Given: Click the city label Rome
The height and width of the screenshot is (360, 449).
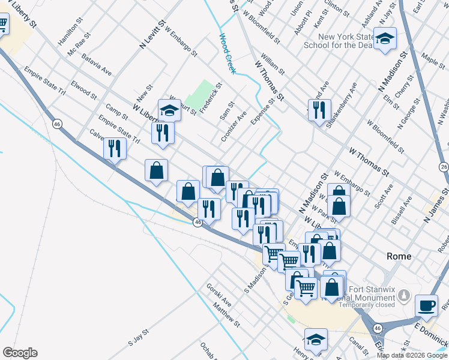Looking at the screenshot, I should click(399, 256).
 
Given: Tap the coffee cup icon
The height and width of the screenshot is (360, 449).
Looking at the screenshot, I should click(426, 306).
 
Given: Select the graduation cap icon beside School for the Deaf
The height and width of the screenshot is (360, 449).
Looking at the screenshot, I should click(385, 40).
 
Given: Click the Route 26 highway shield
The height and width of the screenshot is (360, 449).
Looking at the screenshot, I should click(444, 166).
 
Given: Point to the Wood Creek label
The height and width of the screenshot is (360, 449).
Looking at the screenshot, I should click(227, 54).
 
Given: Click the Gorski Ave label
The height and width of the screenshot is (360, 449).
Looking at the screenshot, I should click(218, 295).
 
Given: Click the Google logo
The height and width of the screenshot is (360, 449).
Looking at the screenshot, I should click(20, 353).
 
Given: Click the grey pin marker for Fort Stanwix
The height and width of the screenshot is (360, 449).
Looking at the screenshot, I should click(404, 296).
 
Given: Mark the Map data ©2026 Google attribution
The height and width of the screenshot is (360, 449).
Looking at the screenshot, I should click(412, 355).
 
